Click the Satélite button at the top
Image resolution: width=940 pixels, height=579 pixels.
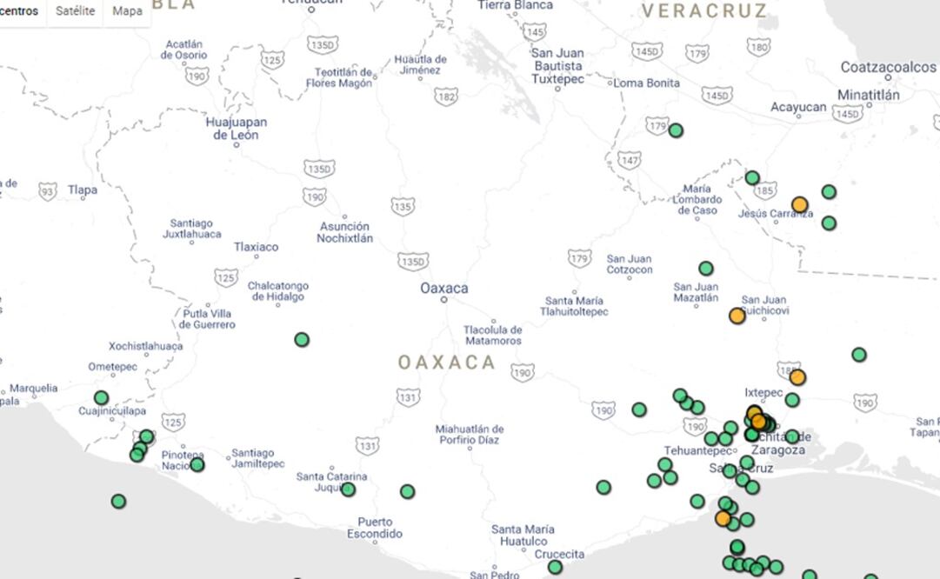pos(75,11)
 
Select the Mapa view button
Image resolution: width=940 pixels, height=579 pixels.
pos(127,11)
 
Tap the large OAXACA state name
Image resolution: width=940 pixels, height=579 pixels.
pos(447,363)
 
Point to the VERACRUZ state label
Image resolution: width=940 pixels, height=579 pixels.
pos(704,11)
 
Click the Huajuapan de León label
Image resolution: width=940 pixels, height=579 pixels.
pos(236,129)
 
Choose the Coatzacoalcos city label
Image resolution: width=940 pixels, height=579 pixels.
pos(888,67)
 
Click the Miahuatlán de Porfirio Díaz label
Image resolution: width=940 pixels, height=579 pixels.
pos(470,435)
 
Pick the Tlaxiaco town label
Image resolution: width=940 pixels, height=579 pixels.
pos(256,247)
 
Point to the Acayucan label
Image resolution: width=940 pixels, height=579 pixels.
pos(798,107)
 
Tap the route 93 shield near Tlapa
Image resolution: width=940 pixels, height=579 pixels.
pos(48,190)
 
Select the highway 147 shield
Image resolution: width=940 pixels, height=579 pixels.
pos(629,161)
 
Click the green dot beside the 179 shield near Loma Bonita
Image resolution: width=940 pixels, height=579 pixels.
pos(676,130)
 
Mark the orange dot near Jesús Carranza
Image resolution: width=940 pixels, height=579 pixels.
pos(799,205)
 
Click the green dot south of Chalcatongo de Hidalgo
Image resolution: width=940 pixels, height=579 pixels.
pos(302,339)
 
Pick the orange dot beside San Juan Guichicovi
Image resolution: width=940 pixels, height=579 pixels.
pos(737,316)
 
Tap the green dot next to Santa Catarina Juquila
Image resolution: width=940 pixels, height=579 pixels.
pos(348,489)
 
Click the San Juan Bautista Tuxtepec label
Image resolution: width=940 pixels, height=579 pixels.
pos(557,66)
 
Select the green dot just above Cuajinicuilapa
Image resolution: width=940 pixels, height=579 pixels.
pos(102,397)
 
